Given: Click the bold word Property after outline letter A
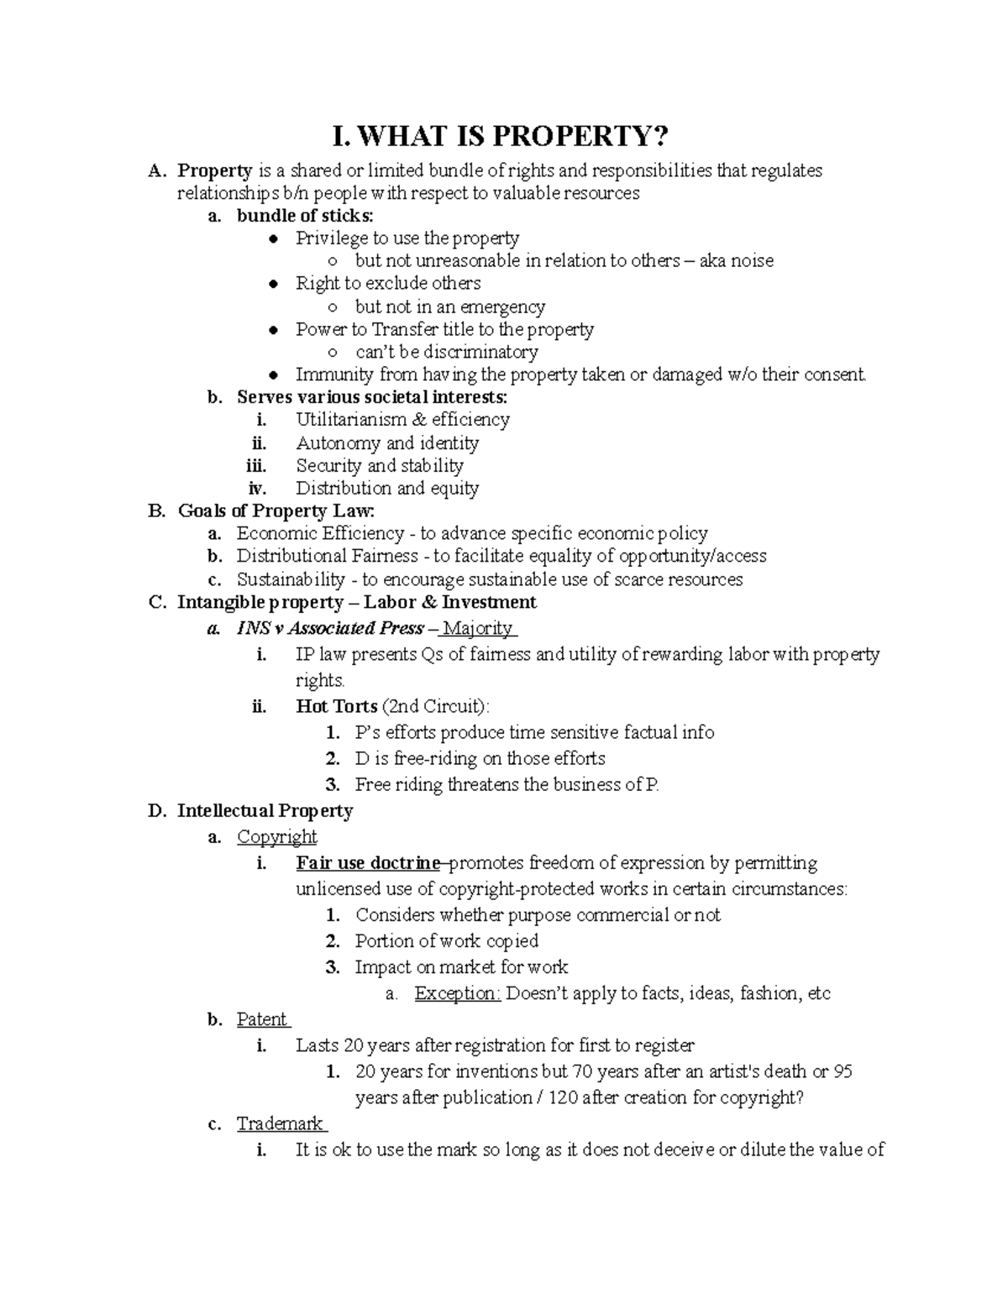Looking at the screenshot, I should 215,170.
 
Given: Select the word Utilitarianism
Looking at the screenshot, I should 349,420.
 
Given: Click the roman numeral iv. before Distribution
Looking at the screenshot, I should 257,488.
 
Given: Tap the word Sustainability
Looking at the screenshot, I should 291,579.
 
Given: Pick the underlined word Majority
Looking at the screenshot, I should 477,628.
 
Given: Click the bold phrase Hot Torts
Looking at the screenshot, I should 336,706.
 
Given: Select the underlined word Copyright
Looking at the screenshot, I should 276,836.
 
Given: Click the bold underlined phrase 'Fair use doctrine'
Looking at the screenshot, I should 368,863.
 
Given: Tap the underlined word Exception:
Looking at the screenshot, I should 457,993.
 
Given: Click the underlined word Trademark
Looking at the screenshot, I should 280,1123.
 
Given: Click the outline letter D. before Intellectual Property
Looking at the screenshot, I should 156,810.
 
